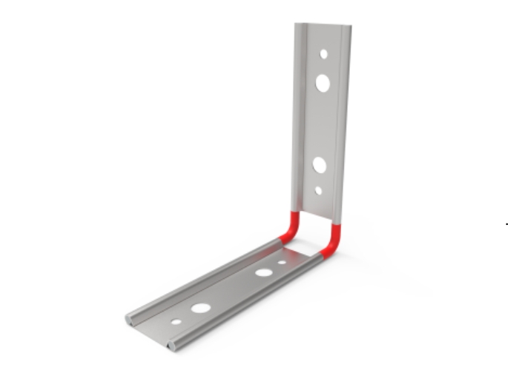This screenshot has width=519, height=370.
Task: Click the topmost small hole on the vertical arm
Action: [x=324, y=54]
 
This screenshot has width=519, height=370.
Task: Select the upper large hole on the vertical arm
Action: [x=323, y=83]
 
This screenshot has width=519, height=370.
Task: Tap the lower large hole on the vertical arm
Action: [x=320, y=164]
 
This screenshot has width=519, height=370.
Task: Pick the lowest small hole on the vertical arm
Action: [x=318, y=190]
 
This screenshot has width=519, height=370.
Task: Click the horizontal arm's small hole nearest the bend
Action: [x=282, y=261]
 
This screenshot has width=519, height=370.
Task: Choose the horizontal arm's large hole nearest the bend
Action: [x=263, y=272]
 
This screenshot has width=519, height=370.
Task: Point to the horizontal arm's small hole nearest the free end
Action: [x=176, y=321]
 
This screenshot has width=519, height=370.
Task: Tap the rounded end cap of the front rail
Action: [x=172, y=345]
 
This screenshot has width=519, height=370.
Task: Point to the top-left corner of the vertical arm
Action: [x=296, y=24]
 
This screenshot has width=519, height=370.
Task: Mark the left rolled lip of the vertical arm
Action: [x=298, y=118]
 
